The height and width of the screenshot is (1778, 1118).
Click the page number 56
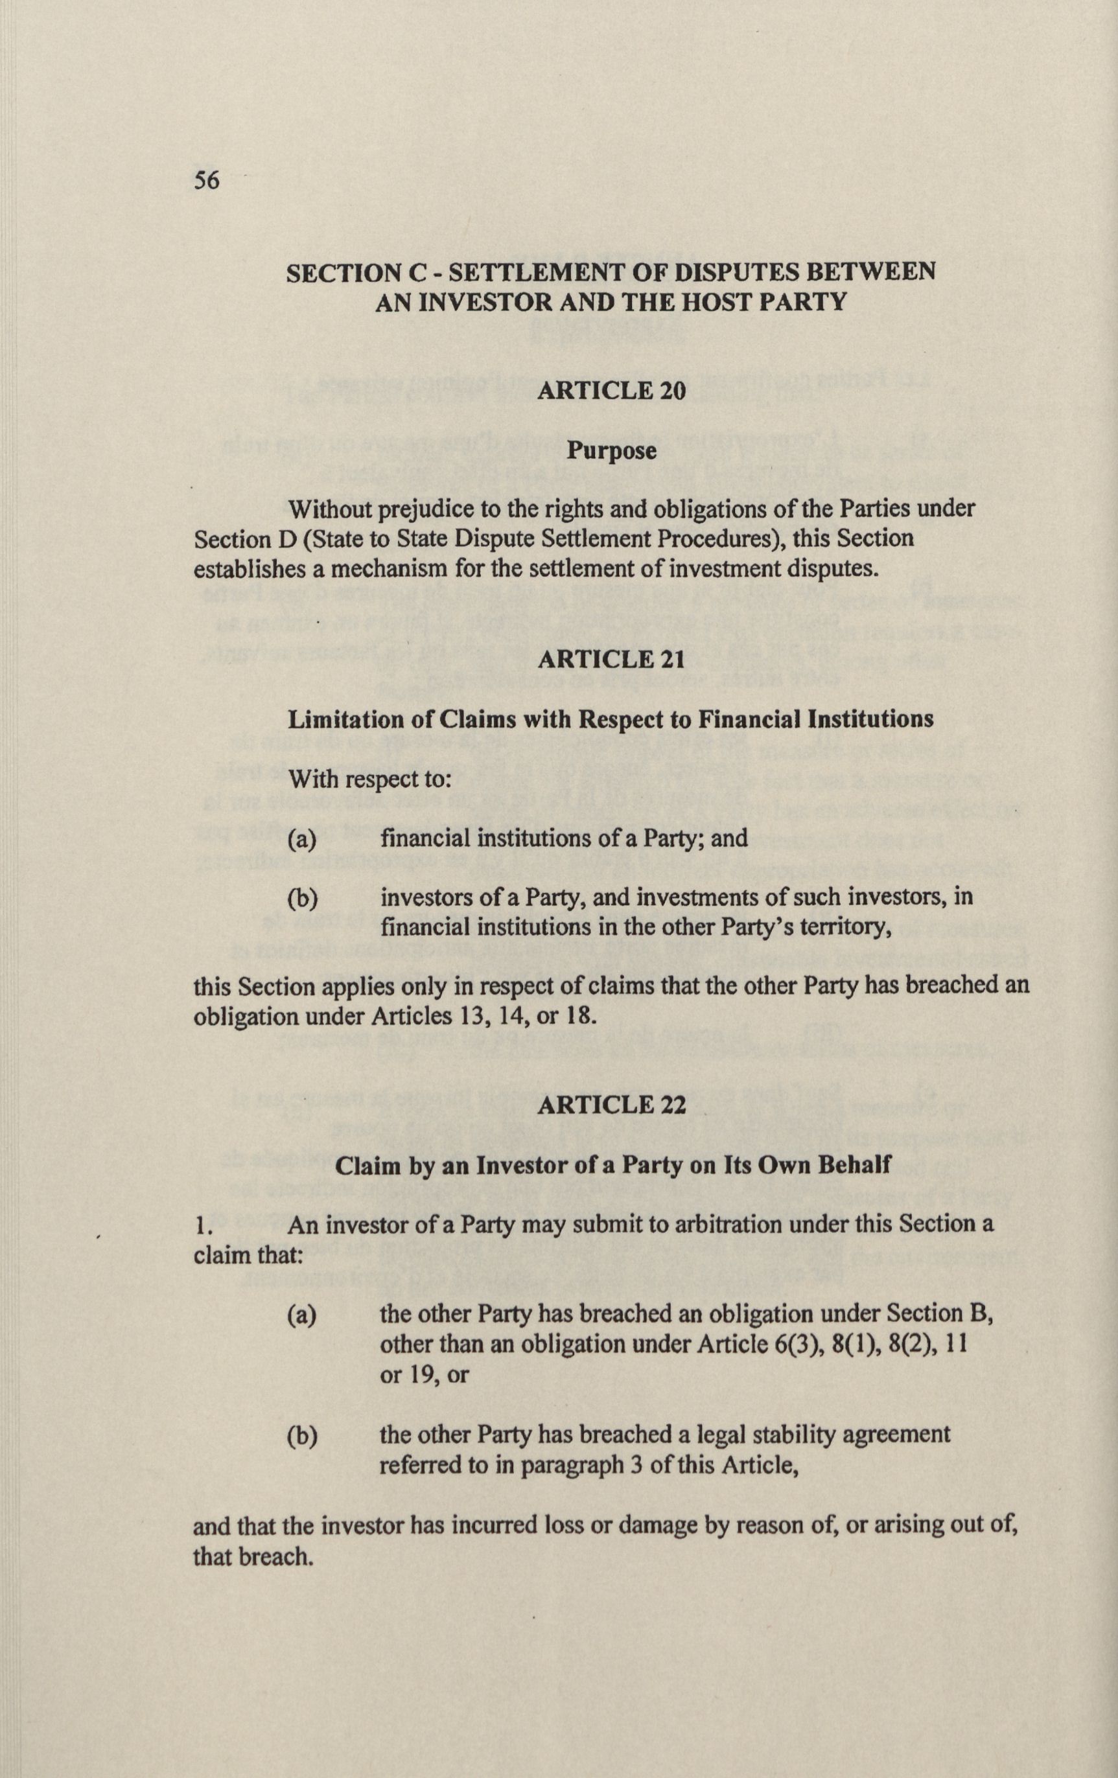207,180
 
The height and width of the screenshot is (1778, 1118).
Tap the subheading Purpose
611,451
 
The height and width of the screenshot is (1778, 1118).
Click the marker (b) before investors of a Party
302,898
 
